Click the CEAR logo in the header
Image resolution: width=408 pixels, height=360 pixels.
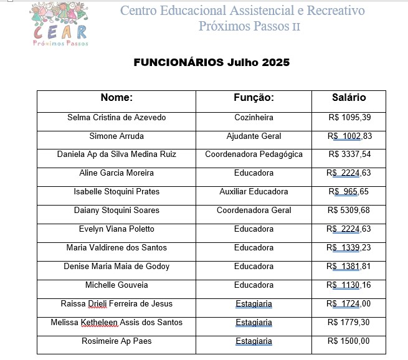(60, 24)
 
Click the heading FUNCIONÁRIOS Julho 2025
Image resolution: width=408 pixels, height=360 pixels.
(212, 63)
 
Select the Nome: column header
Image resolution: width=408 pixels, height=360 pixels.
(116, 98)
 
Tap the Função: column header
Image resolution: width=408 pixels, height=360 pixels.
(254, 98)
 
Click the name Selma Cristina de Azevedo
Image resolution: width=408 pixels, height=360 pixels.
(116, 117)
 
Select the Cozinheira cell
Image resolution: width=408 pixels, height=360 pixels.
(254, 117)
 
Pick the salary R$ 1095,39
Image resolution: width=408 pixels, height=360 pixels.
(349, 117)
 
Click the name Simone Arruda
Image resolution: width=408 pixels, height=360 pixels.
(116, 136)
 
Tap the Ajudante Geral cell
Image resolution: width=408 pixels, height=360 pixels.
(254, 136)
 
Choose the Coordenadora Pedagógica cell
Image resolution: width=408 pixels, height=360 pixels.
(254, 154)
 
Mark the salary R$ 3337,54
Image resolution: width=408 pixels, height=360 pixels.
(349, 154)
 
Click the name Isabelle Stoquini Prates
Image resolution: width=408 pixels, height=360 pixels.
(116, 192)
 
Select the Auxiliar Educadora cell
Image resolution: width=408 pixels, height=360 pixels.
(254, 192)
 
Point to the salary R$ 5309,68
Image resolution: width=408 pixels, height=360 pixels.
(349, 211)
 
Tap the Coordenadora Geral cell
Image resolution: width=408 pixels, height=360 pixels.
(254, 211)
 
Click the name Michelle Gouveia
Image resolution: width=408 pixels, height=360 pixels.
(116, 285)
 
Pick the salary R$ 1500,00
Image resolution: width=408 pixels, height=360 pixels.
(349, 341)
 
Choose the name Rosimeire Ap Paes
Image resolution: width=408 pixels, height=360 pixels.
(116, 341)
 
